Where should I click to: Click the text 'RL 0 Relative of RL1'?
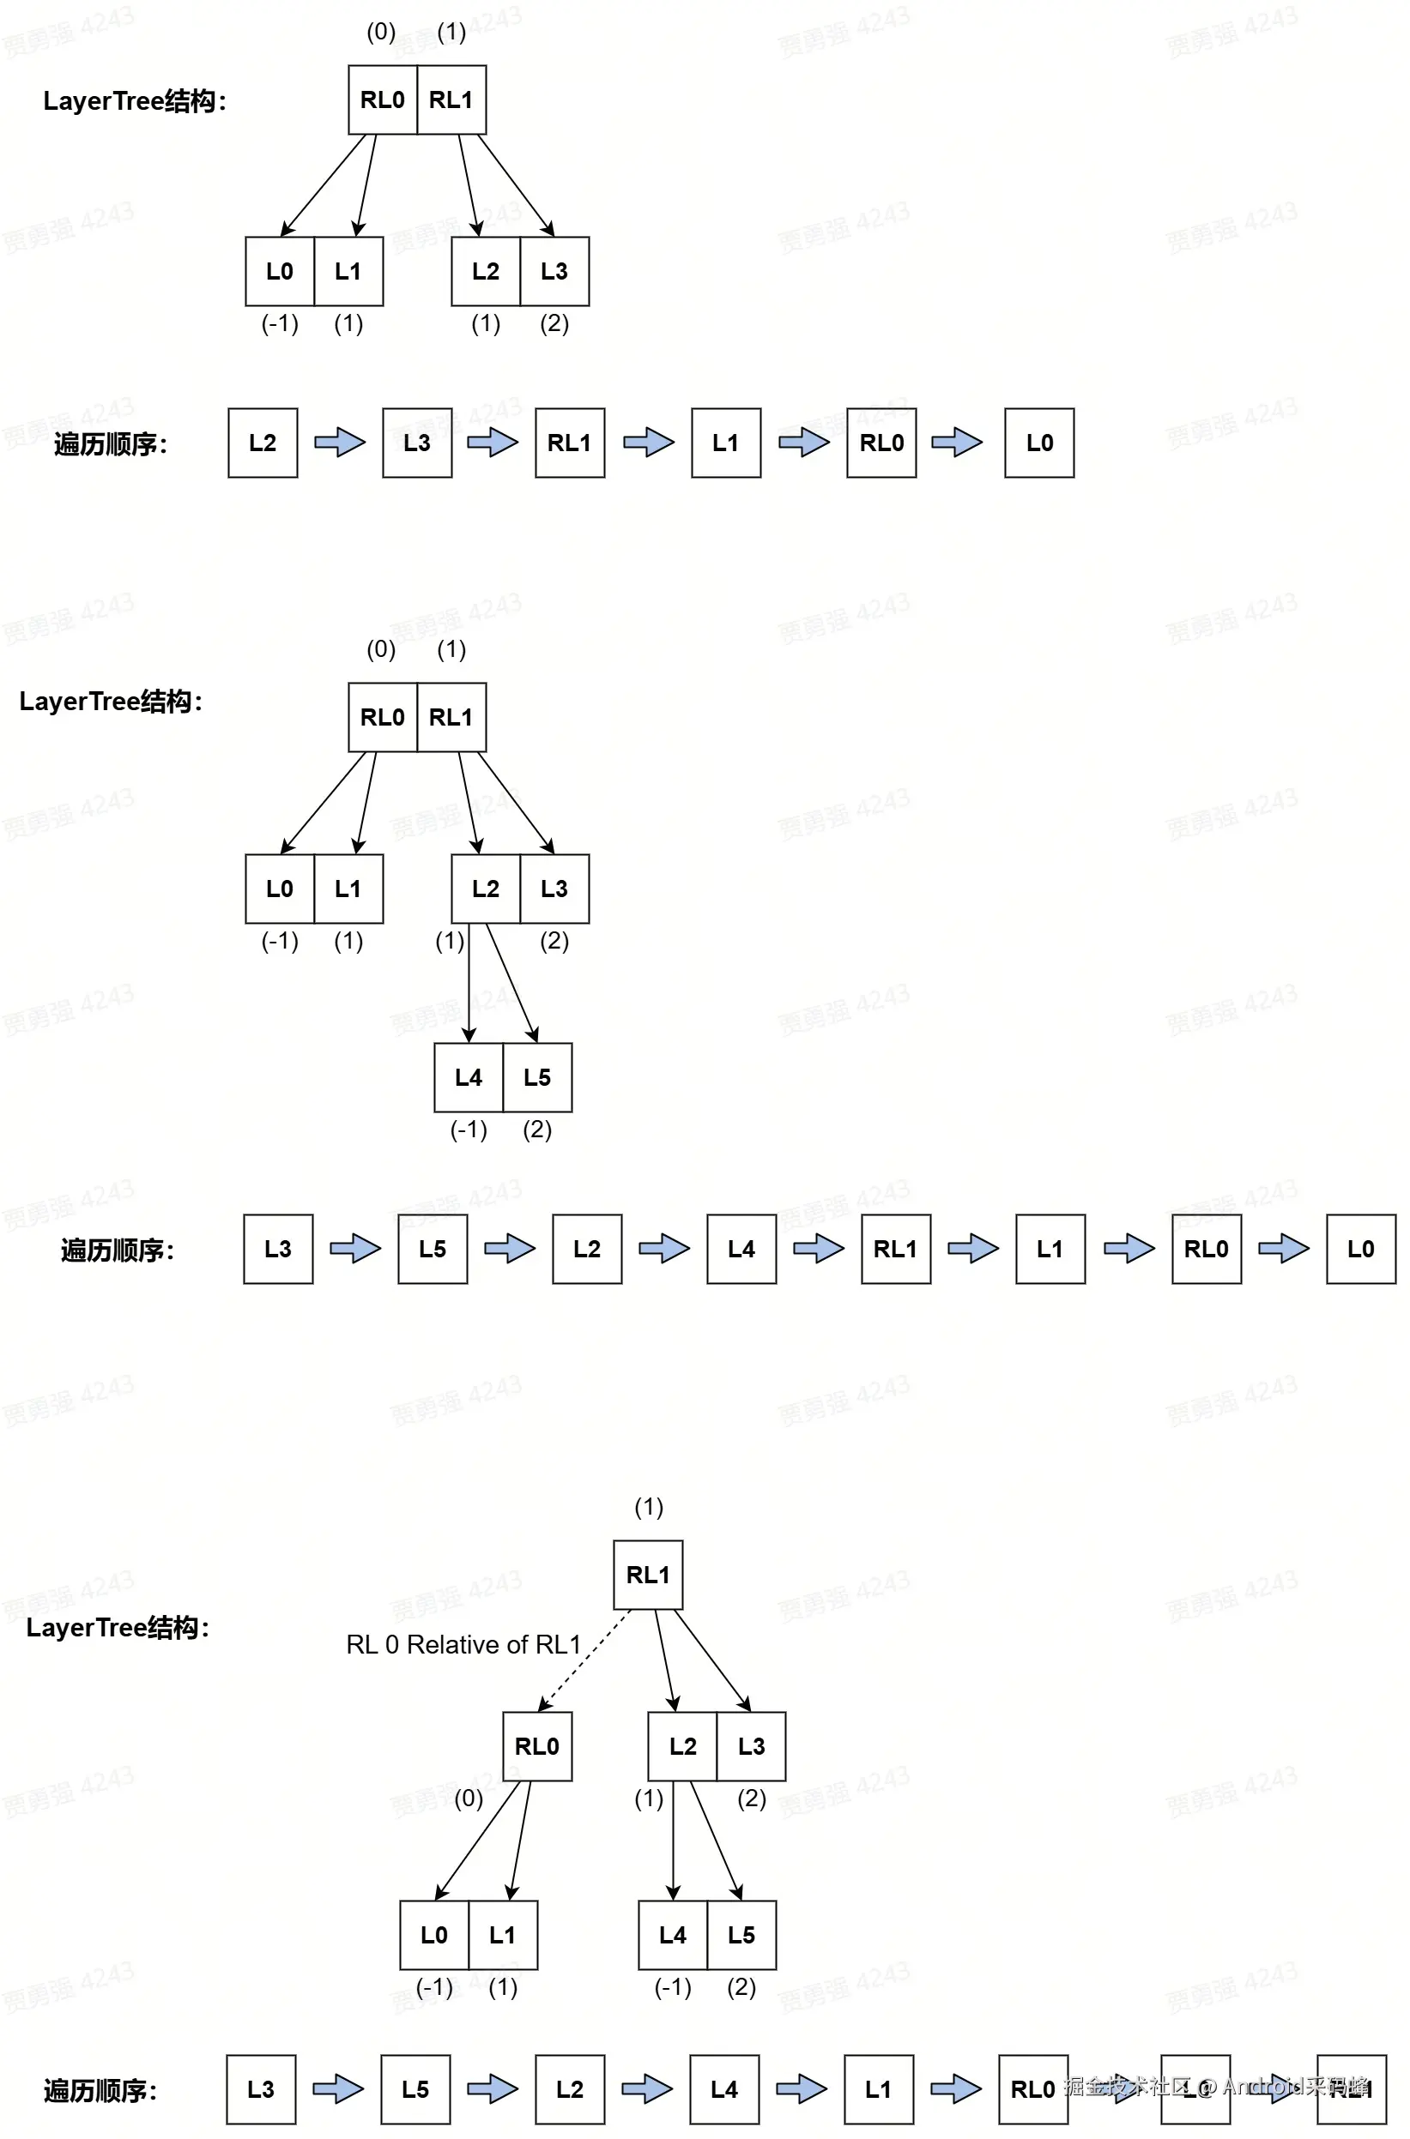463,1645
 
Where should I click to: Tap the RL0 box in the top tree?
382,99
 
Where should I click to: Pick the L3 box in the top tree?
554,271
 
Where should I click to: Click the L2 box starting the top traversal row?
263,443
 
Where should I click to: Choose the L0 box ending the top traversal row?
1038,443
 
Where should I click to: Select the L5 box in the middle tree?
537,1077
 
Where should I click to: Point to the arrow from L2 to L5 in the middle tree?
511,981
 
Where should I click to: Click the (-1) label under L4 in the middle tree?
469,1130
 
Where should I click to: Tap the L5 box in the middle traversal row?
433,1250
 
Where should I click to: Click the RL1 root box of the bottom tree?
647,1575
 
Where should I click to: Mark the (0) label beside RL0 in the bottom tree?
469,1799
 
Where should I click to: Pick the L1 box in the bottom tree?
503,1935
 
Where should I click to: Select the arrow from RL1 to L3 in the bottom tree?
712,1659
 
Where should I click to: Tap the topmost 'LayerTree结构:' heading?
135,100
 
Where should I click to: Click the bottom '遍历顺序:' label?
100,2090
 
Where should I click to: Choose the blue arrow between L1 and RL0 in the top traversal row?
803,443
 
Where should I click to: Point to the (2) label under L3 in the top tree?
554,323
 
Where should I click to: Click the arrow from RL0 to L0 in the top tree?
324,185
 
